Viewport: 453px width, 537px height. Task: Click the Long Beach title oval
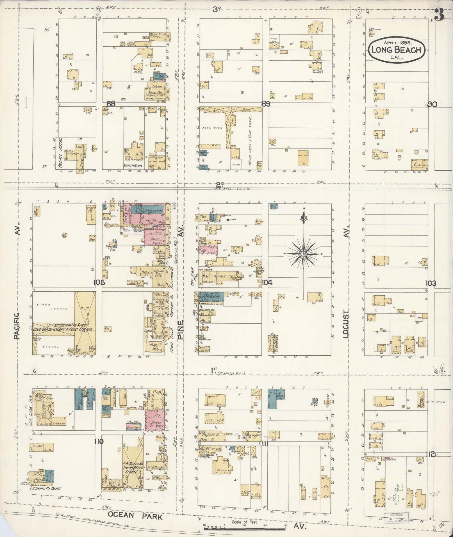pos(397,50)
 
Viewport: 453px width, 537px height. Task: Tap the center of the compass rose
pos(303,254)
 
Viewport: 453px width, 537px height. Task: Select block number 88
pos(111,104)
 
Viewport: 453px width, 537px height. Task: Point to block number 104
pos(267,283)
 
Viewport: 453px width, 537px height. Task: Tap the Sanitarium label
pos(133,166)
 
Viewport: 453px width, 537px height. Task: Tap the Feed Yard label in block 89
pos(212,128)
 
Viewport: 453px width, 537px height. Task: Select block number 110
pos(99,442)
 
